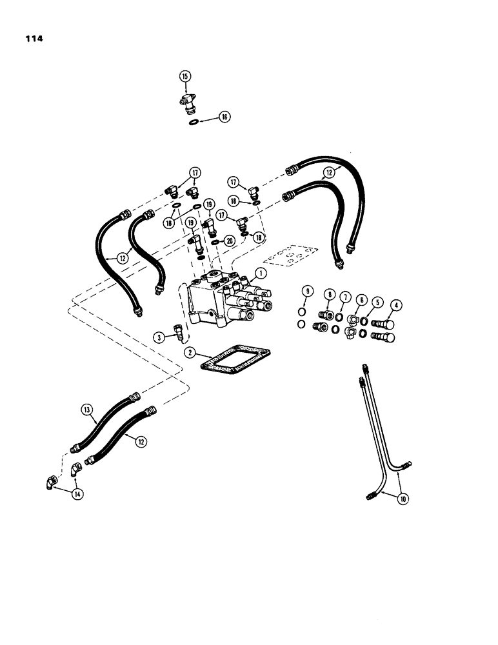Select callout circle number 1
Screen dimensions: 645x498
click(260, 273)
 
